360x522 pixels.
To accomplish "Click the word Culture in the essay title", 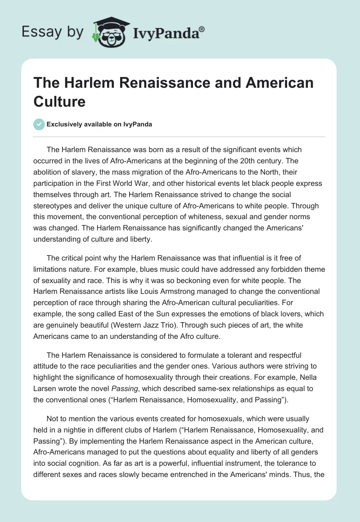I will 59,101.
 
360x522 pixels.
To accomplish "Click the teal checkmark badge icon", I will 39,124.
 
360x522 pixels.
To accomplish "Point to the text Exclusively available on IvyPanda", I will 99,125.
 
